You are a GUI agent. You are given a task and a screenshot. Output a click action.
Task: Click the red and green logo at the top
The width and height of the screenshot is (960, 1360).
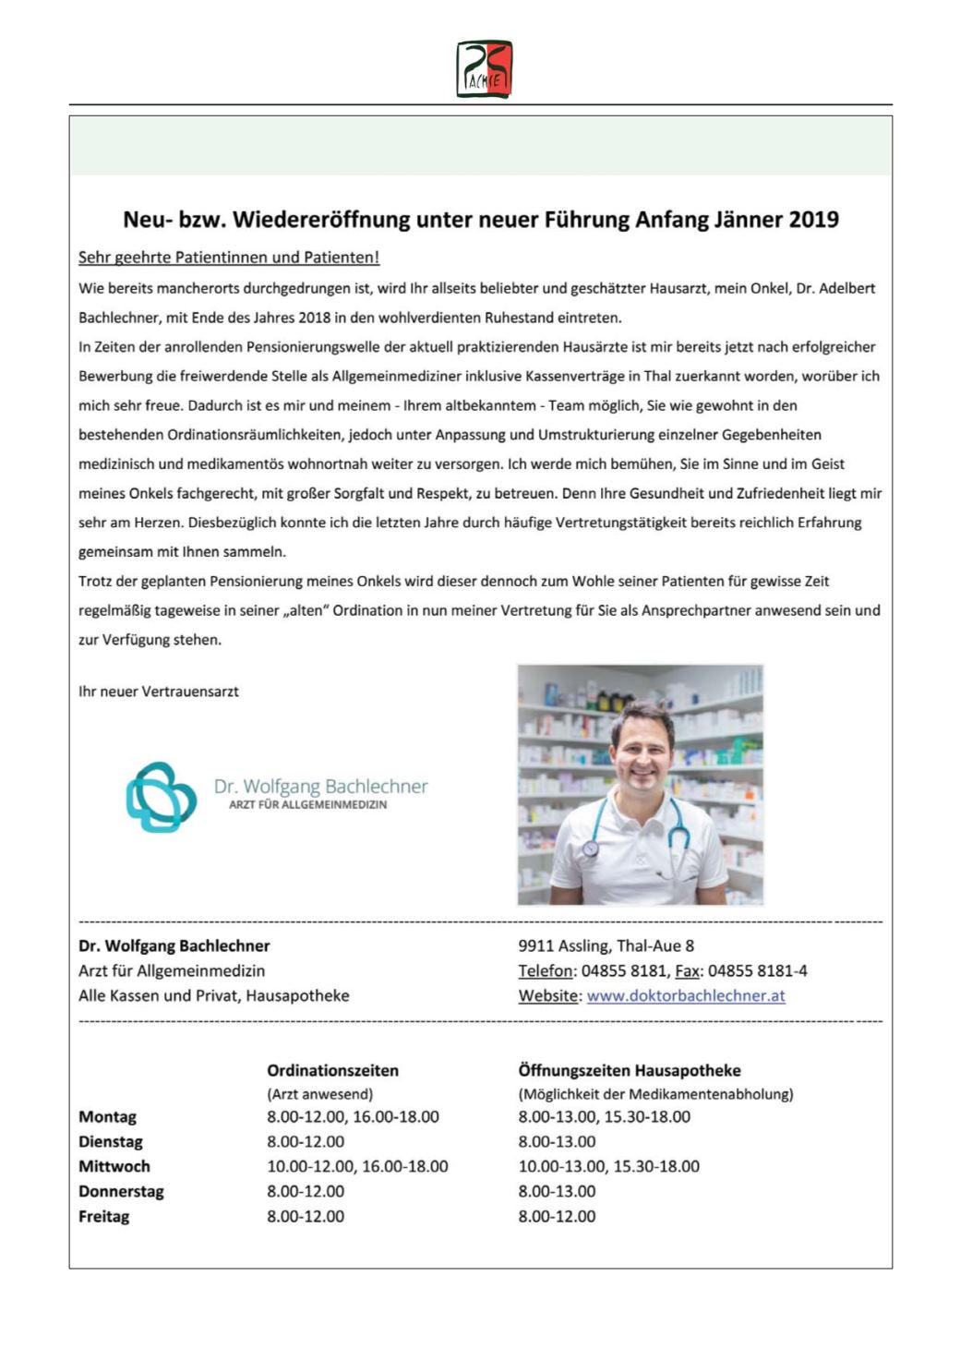484,69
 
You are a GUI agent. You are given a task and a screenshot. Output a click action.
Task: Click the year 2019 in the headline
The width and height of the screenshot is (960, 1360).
812,220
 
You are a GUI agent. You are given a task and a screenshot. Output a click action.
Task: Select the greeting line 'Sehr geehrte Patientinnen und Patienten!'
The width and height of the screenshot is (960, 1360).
229,258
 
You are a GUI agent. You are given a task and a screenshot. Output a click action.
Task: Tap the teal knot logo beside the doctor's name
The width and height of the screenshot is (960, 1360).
161,797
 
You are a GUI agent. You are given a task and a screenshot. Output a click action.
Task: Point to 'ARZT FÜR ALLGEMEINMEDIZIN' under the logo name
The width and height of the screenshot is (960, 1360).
307,805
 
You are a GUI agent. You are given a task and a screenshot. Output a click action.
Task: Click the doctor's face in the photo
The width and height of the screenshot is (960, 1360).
642,743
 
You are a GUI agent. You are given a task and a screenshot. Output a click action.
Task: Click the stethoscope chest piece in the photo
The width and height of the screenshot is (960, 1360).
591,848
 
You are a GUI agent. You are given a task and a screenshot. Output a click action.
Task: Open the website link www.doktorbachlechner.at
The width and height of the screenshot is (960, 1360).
686,995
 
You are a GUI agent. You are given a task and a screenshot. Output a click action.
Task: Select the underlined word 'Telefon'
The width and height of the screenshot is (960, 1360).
546,970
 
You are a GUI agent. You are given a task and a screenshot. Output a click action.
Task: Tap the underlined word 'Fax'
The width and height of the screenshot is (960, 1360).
687,970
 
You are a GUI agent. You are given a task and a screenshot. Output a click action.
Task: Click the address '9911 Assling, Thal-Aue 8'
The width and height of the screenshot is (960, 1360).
606,945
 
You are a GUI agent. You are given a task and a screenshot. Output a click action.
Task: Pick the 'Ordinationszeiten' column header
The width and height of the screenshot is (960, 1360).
332,1070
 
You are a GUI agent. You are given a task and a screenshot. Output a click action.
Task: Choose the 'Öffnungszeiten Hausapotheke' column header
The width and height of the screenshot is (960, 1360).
629,1070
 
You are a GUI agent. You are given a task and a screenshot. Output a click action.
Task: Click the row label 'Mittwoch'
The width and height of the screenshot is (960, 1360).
114,1166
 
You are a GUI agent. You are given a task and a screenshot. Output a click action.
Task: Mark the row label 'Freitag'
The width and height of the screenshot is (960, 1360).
104,1216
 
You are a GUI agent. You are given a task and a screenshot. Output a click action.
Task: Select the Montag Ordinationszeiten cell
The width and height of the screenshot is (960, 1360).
353,1116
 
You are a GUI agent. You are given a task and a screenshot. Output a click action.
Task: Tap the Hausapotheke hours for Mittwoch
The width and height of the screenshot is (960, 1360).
608,1166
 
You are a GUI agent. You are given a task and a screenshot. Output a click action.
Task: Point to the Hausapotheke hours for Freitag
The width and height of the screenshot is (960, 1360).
557,1216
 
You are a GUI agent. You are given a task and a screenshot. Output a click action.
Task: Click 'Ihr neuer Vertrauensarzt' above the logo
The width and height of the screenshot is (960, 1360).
159,692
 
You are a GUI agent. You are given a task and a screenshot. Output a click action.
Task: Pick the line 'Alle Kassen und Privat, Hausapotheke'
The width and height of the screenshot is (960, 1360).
214,995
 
